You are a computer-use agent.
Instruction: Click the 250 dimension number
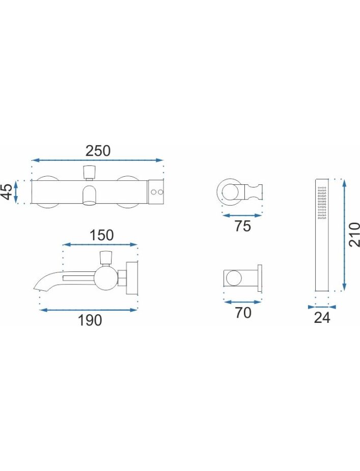coord(98,151)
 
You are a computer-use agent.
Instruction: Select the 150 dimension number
coord(101,235)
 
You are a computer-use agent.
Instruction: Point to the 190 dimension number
coord(90,320)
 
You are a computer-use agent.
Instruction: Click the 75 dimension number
coord(243,226)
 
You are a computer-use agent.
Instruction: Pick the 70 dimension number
coord(243,313)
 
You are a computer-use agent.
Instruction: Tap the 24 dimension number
coord(322,318)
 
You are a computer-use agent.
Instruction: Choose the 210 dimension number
coord(354,235)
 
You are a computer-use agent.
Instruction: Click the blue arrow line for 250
coord(97,160)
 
